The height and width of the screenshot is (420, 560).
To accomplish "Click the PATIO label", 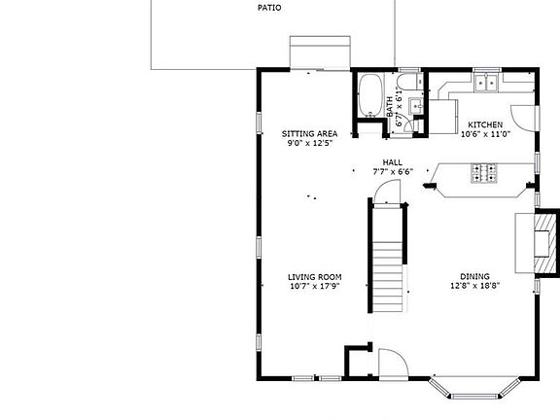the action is (x=269, y=8).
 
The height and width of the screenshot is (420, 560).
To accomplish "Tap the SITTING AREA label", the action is (x=309, y=134).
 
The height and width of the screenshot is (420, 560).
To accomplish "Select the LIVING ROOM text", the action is (x=315, y=277).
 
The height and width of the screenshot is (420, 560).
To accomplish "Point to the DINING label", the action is (x=474, y=276).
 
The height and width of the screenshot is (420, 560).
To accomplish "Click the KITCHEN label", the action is (x=485, y=124).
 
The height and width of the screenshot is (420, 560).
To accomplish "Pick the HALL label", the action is (x=393, y=162).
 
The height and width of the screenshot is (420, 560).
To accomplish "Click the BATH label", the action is (x=390, y=106).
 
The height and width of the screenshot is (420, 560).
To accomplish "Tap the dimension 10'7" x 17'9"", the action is (x=315, y=286).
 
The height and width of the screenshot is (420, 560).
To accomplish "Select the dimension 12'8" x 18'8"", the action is (x=475, y=286).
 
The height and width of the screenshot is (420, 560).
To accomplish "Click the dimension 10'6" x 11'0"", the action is (x=486, y=134).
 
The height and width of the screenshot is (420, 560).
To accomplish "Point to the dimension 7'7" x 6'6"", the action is (x=393, y=172).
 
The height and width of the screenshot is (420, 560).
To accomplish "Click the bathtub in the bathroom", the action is (x=370, y=95).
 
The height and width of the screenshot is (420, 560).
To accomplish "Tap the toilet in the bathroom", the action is (x=410, y=82).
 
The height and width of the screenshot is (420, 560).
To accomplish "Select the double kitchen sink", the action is (x=486, y=84).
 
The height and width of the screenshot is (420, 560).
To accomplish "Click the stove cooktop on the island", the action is (x=484, y=173).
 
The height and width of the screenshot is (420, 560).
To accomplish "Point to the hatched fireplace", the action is (x=545, y=243).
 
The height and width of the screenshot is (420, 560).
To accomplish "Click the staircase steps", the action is (x=388, y=277).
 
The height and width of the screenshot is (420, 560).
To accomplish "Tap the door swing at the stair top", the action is (x=387, y=192).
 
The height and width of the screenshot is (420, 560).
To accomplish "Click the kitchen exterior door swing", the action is (x=524, y=118).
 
